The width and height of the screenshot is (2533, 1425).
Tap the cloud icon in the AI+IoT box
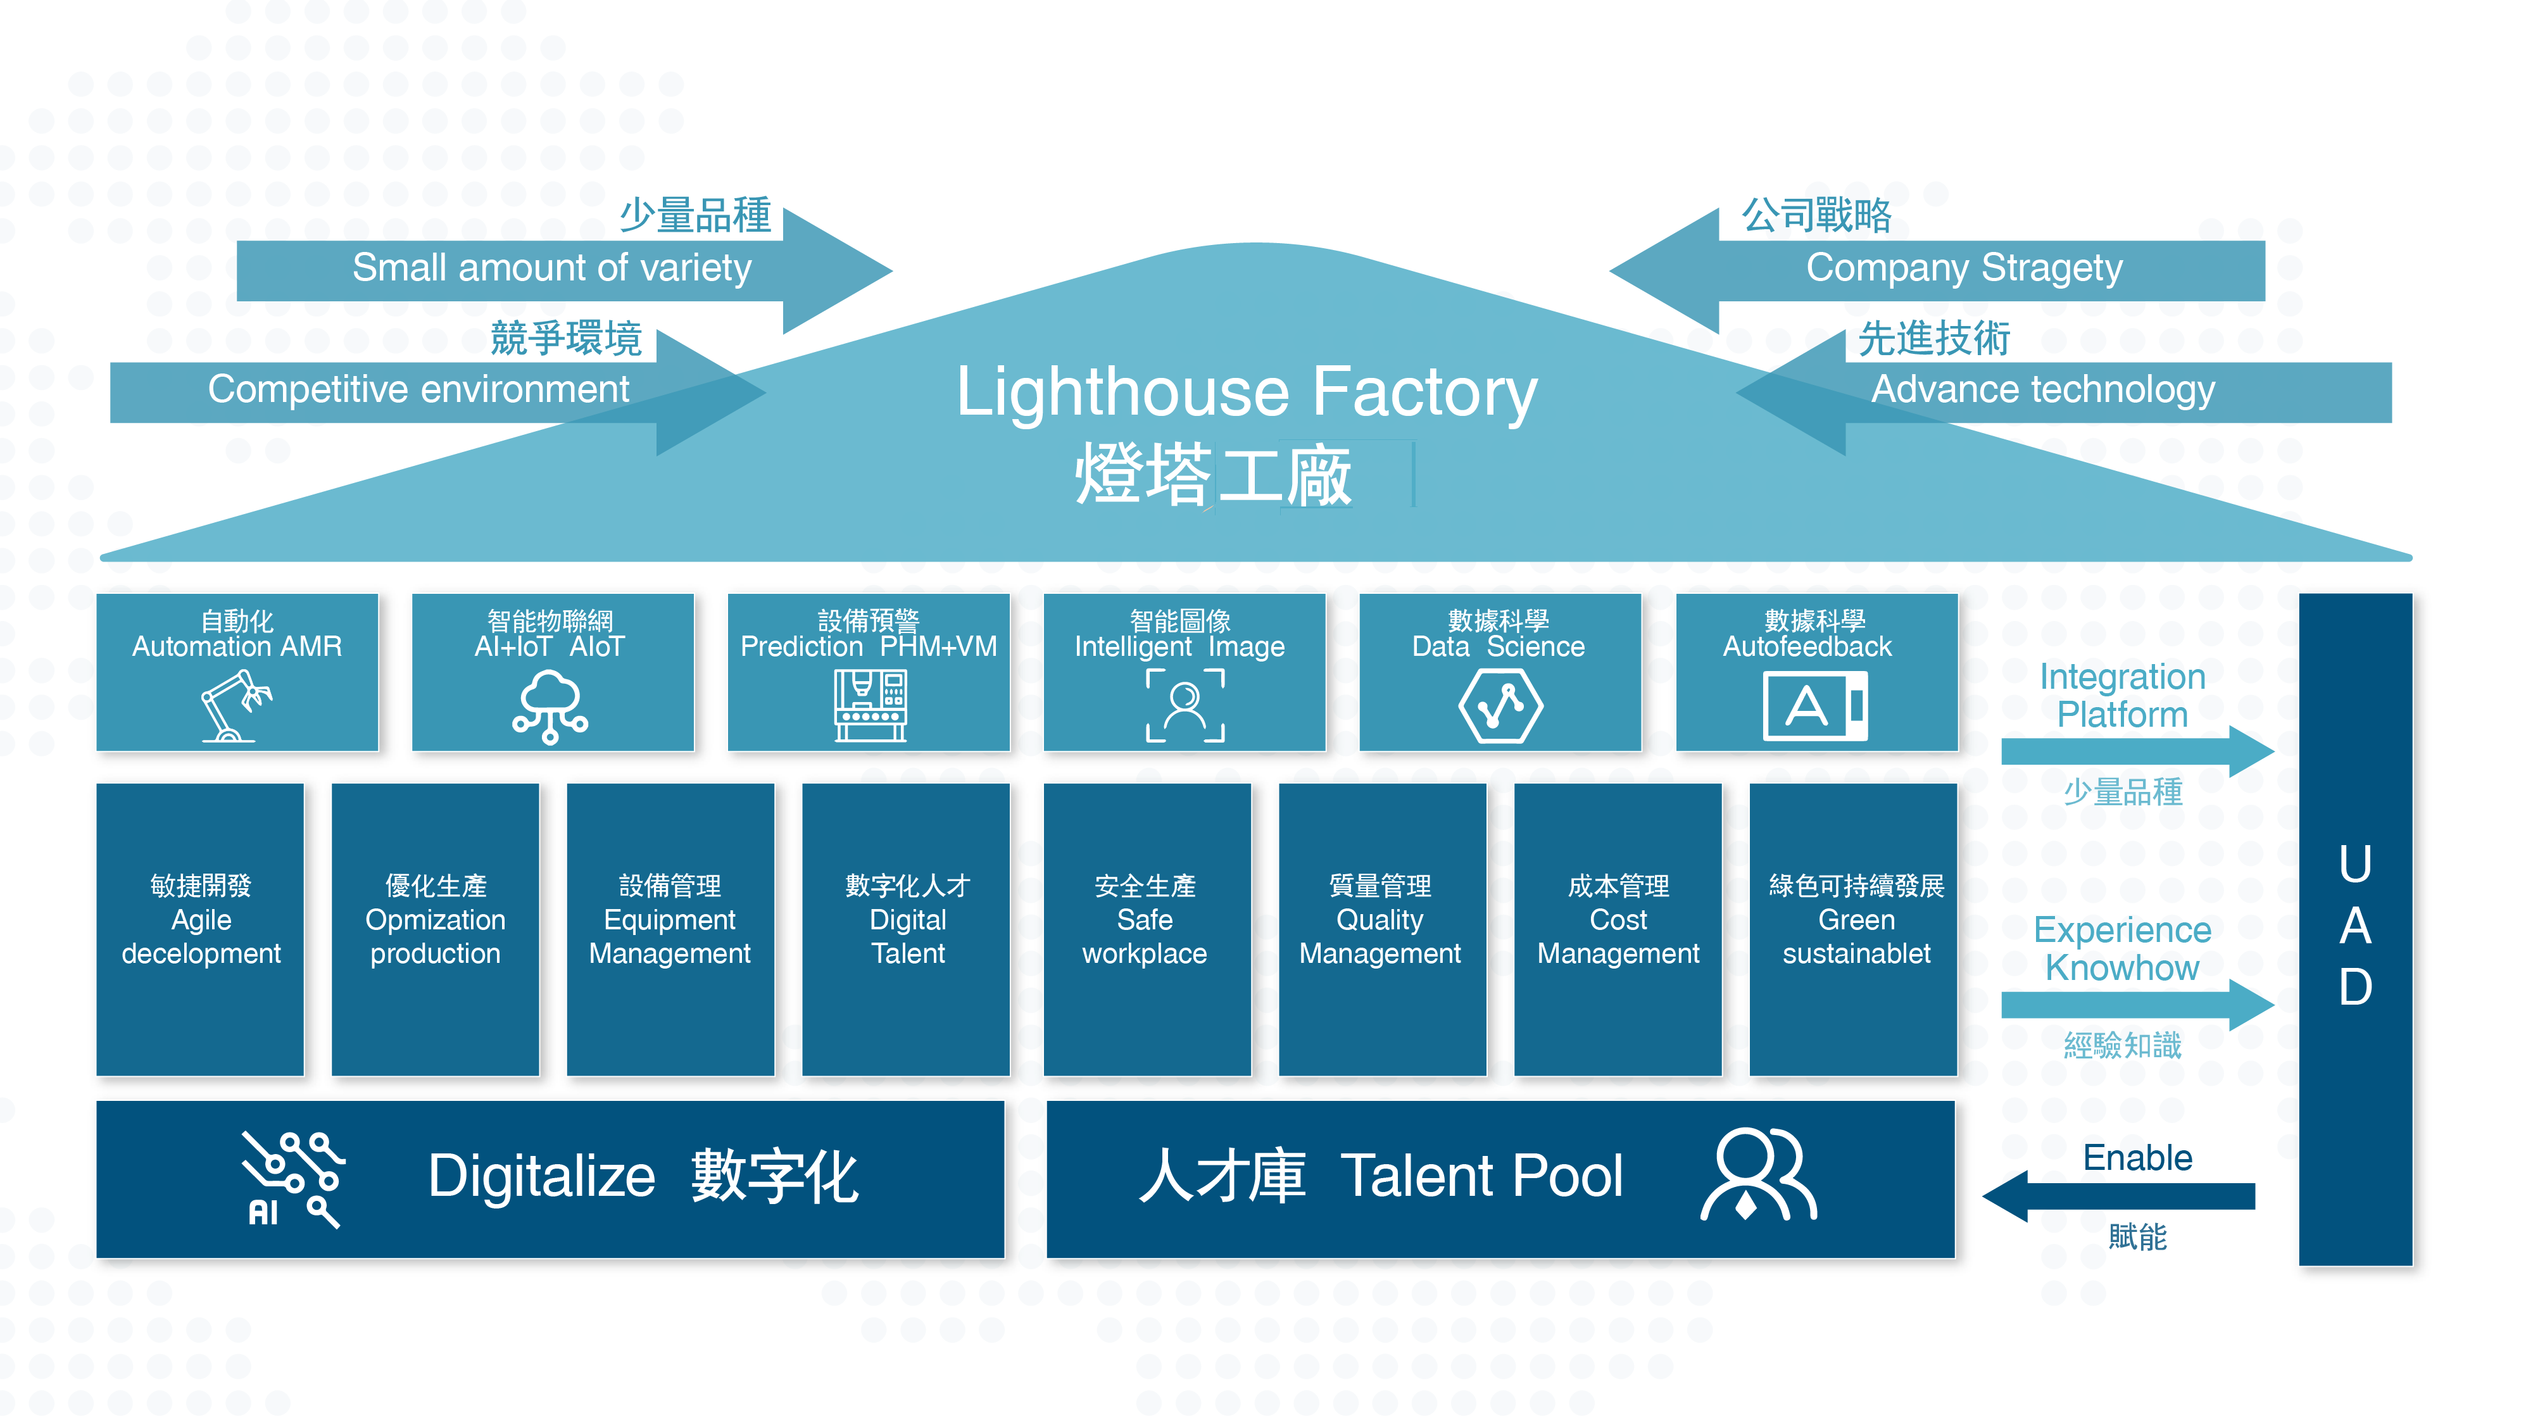550,706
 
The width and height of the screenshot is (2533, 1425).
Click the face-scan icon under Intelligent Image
1185,705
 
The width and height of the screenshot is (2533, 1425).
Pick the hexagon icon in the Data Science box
1500,705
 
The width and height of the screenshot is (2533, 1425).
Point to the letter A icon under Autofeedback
1814,705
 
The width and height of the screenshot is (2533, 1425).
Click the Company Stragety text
1964,268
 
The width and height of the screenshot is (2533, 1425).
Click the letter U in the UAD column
2355,865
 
